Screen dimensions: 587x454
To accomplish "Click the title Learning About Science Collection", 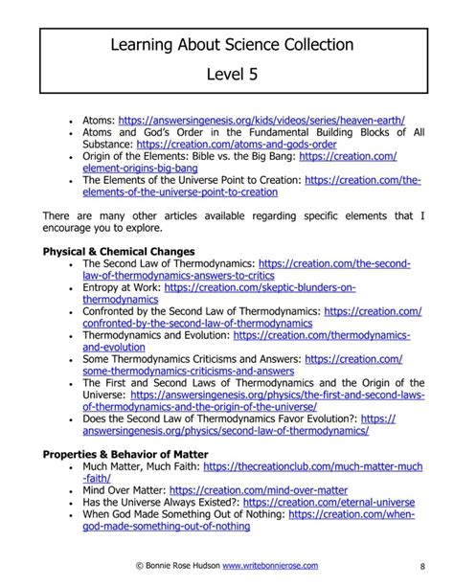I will [231, 45].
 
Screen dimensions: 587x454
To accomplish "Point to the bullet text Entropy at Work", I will [122, 286].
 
